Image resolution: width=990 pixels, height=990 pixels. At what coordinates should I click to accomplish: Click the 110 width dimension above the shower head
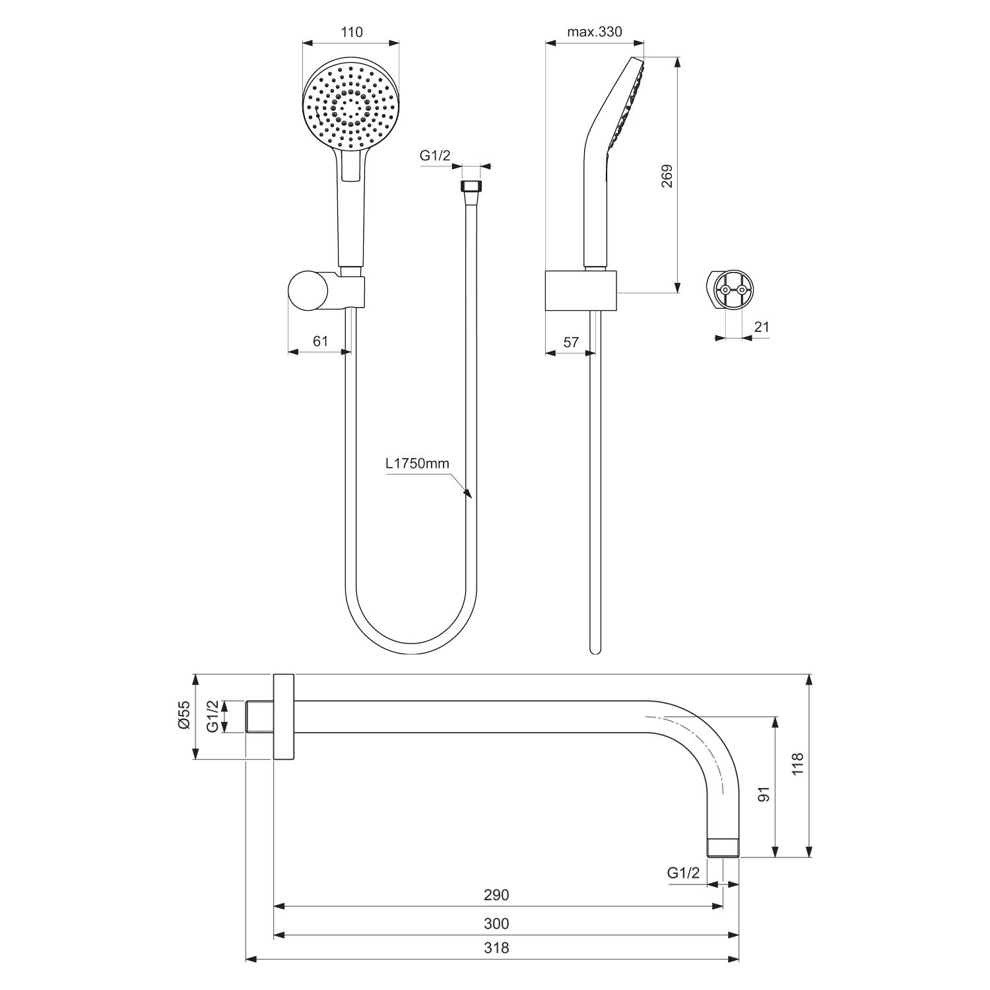[x=352, y=32]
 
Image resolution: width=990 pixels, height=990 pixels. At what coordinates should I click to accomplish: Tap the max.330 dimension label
[x=595, y=32]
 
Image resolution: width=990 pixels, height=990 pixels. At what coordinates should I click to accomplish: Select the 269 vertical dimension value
[x=667, y=176]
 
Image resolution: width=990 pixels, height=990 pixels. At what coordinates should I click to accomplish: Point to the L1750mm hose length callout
[x=418, y=463]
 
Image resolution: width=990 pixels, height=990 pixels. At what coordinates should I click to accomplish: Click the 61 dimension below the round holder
[x=320, y=341]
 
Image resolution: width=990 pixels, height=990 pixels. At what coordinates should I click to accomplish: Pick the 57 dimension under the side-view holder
[x=571, y=342]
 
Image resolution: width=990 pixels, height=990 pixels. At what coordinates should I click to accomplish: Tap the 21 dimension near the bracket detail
[x=762, y=327]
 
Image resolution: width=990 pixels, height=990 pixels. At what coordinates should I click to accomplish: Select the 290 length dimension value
[x=496, y=895]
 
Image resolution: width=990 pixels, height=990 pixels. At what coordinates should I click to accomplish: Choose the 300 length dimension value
[x=496, y=923]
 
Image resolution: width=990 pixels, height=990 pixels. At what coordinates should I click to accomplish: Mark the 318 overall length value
[x=496, y=948]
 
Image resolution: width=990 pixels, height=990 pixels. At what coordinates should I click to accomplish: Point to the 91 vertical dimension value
[x=764, y=794]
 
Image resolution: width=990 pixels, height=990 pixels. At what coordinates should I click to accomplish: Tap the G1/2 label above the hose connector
[x=435, y=156]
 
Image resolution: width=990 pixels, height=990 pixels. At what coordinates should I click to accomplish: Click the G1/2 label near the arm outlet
[x=683, y=873]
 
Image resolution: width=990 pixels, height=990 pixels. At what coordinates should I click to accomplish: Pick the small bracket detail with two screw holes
[x=733, y=290]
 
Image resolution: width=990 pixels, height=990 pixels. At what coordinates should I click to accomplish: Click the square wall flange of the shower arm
[x=283, y=717]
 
